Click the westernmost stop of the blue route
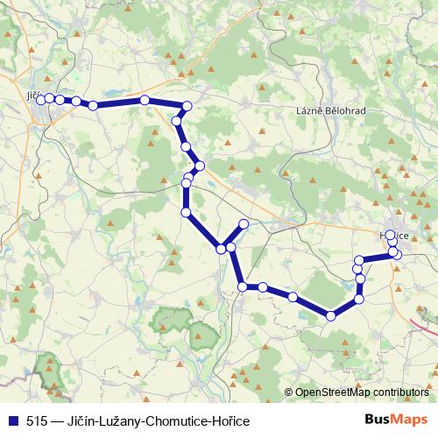[40, 99]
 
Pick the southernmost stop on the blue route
[331, 316]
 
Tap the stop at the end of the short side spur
[244, 225]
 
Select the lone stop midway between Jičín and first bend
[145, 100]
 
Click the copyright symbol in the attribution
[289, 392]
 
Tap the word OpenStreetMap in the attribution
[334, 392]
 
